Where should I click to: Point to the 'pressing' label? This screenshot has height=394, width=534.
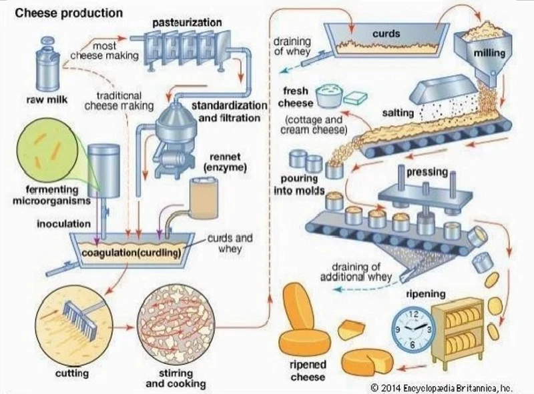(427, 172)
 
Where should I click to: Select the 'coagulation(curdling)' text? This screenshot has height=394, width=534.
(131, 253)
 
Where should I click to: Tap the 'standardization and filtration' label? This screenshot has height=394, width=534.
(226, 112)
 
